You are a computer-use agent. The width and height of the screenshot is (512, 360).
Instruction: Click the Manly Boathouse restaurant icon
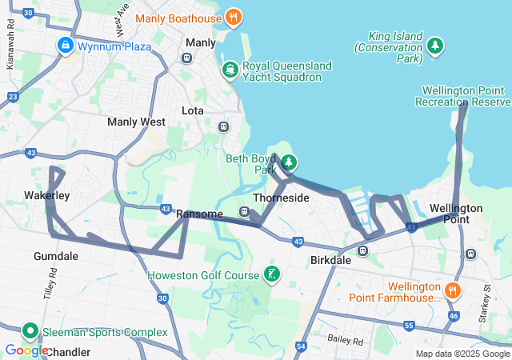[x=233, y=17]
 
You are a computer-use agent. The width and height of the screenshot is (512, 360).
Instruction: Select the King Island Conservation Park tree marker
[x=435, y=46]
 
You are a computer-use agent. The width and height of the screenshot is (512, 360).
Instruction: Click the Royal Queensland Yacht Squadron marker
[x=230, y=70]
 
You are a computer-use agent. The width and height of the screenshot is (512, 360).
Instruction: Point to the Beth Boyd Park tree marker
[x=289, y=163]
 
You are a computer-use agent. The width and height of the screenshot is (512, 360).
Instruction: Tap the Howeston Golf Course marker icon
[x=272, y=275]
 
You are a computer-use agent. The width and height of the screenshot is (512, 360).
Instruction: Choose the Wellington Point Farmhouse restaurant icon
[x=454, y=291]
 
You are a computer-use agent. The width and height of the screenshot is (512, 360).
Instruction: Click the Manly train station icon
[x=186, y=58]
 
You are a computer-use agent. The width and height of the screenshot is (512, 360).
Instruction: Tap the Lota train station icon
[x=223, y=126]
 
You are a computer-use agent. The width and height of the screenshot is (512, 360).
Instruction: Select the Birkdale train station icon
[x=362, y=250]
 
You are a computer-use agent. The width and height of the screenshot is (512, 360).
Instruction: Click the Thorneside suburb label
[x=280, y=197]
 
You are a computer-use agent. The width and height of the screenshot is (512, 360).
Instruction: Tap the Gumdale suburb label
[x=56, y=256]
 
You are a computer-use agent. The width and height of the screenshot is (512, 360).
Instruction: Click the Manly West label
[x=136, y=122]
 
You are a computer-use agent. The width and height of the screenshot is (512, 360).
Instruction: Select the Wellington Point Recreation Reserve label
[x=462, y=96]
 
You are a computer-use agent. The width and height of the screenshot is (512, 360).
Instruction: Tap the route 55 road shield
[x=409, y=326]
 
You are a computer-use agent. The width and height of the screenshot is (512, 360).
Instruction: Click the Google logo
[x=26, y=350]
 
